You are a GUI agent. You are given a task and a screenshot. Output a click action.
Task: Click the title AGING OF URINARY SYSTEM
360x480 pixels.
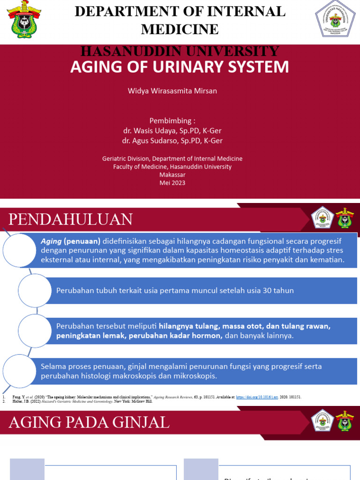(x=180, y=67)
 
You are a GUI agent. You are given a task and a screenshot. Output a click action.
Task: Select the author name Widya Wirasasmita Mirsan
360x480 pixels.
(x=172, y=91)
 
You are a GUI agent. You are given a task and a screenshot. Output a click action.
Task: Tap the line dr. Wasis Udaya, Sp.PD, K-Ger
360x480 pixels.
(x=172, y=131)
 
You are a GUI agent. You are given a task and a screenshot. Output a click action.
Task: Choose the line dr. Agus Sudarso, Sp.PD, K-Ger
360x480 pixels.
(x=172, y=141)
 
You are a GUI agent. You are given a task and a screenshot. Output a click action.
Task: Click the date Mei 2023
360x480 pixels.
(x=172, y=183)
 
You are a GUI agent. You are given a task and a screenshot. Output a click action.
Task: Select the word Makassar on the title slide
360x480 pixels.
(x=172, y=175)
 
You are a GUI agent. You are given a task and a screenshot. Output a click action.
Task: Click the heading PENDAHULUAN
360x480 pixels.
(x=71, y=219)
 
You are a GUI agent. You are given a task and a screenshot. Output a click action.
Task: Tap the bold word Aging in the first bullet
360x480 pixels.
(x=51, y=241)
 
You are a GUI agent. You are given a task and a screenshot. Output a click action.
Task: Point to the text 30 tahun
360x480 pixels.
(x=278, y=291)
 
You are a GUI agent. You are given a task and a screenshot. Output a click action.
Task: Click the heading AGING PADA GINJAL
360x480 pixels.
(x=89, y=422)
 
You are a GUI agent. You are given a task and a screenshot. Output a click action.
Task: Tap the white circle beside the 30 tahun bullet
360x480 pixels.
(x=35, y=290)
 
